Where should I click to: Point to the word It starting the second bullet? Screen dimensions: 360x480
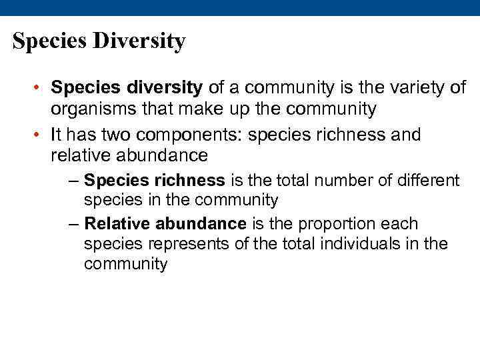[56, 135]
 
